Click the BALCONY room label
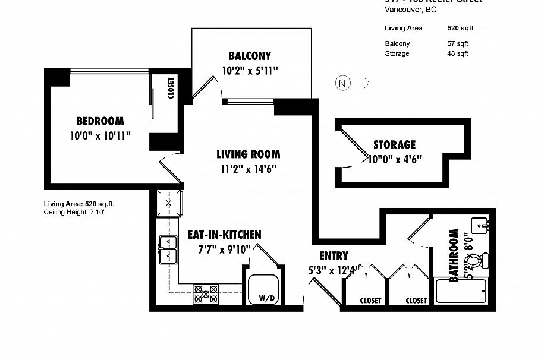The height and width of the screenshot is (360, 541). tap(250, 56)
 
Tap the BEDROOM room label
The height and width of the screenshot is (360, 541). tap(100, 121)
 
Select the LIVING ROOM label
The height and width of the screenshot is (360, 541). tap(248, 154)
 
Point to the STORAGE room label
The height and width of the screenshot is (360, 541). tap(394, 144)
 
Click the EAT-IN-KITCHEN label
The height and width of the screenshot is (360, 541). tap(224, 235)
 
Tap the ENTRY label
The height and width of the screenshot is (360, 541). tap(334, 256)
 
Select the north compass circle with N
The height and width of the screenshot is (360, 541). tap(342, 83)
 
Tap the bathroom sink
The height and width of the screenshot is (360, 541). tap(480, 226)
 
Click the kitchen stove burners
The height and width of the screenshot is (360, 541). tap(206, 293)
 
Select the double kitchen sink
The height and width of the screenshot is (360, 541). tap(168, 250)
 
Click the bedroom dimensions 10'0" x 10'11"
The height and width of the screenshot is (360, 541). tap(100, 135)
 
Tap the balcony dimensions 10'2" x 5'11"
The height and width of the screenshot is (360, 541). tap(250, 71)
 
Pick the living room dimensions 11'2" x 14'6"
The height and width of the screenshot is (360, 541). tap(248, 169)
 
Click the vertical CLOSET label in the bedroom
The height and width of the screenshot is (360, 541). tap(171, 89)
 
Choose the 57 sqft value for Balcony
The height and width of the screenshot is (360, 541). tap(457, 43)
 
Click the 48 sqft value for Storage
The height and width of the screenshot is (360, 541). tap(457, 53)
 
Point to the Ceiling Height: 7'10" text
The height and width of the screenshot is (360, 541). tap(74, 211)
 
